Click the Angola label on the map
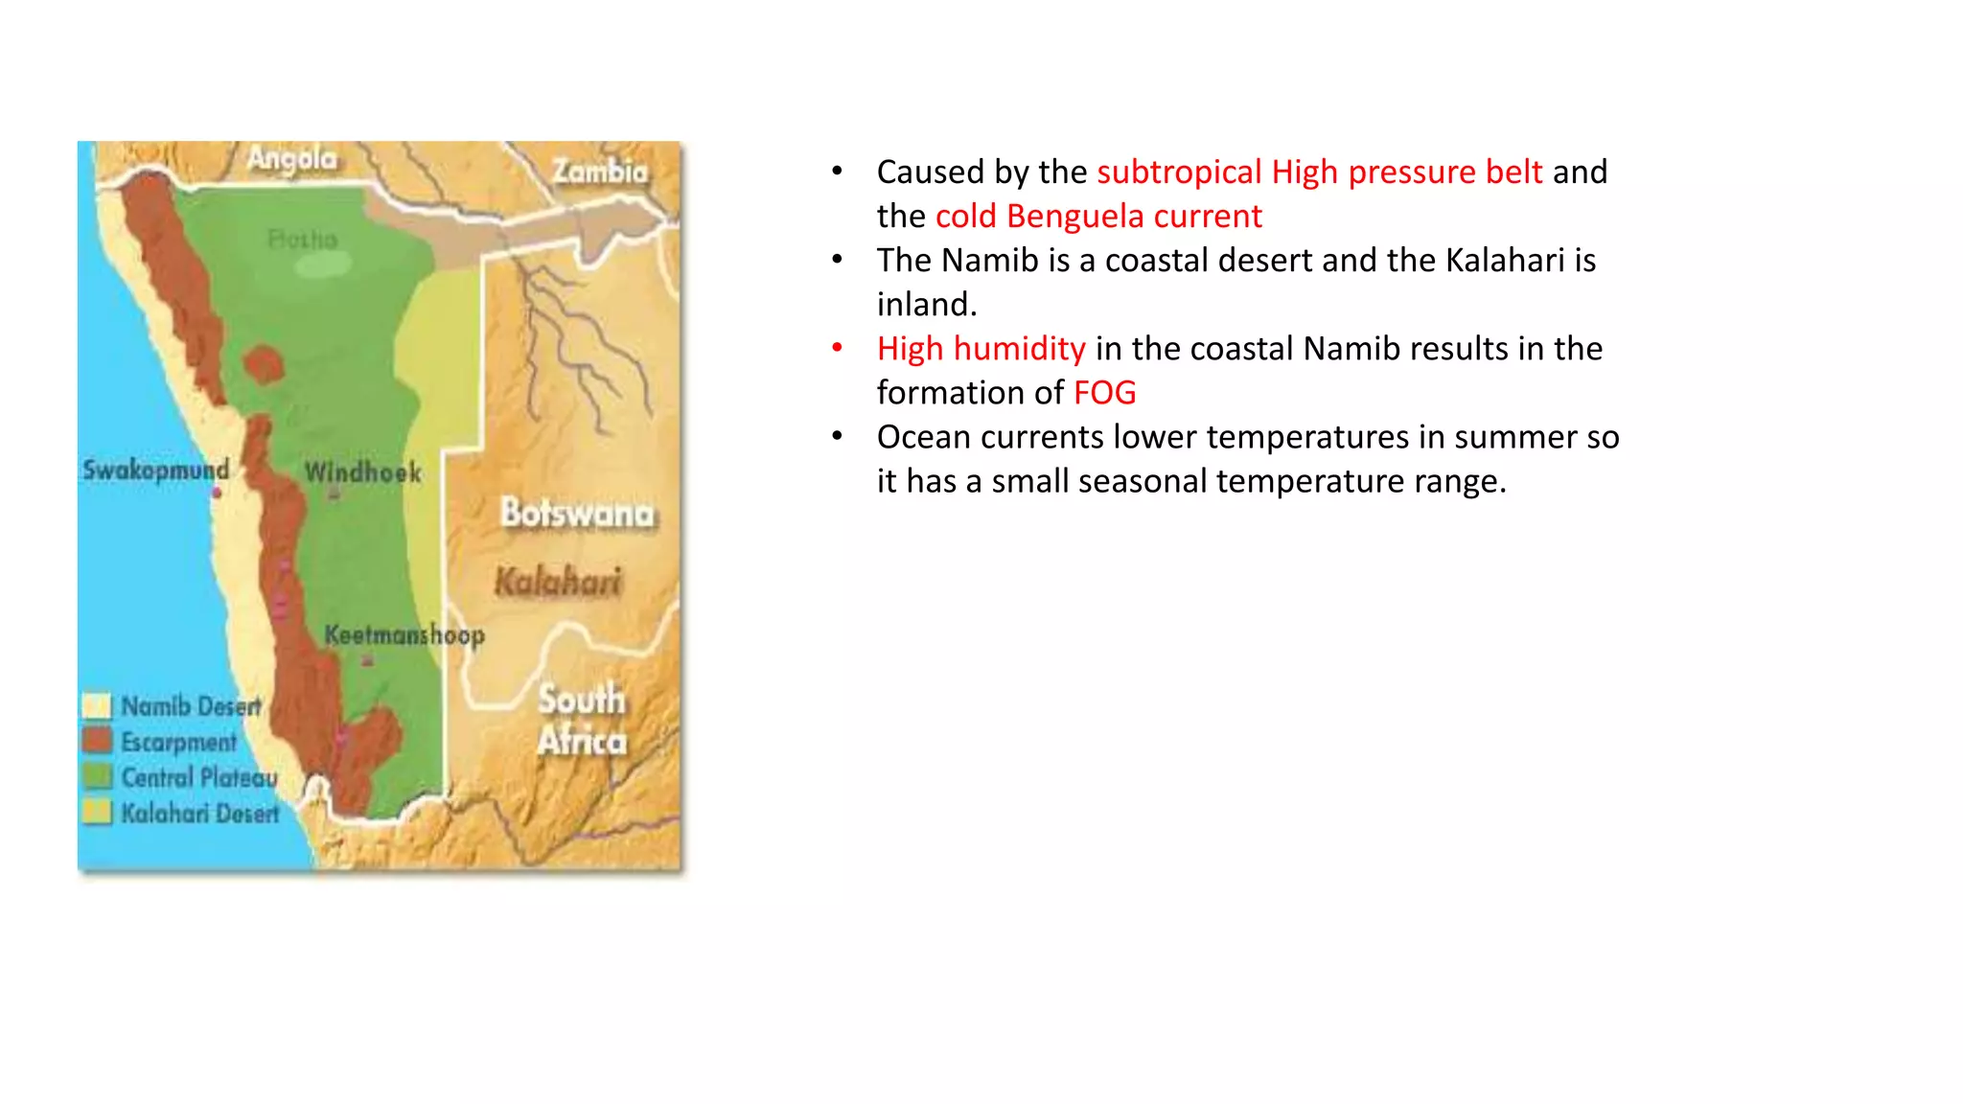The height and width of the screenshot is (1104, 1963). coord(292,158)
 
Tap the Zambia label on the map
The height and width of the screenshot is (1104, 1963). coord(600,172)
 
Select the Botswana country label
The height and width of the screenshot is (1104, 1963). coord(578,514)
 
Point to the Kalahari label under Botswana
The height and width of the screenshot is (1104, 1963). coord(558,581)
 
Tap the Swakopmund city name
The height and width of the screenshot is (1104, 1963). coord(155,470)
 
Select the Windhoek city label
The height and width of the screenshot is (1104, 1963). coord(362,471)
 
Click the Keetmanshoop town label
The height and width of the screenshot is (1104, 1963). coord(404,634)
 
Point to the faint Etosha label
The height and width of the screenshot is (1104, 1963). coord(302,239)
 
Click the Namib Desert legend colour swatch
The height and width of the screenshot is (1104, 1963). coord(97,706)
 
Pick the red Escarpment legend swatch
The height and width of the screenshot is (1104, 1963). coord(97,741)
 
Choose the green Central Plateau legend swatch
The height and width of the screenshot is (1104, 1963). coord(97,776)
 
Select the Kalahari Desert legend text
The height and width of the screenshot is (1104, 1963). coord(199,814)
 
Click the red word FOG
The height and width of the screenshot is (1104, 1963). coord(1104,393)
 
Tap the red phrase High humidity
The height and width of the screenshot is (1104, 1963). coord(981,349)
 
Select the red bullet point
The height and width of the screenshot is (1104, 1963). coord(837,348)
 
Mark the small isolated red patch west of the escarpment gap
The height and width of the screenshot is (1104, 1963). coord(263,365)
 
